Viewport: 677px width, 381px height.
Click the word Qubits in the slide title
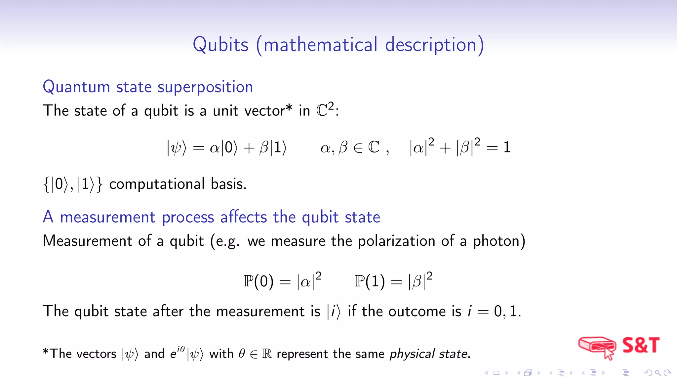[220, 45]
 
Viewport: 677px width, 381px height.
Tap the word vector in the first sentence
[264, 110]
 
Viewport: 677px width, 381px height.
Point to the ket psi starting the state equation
[177, 148]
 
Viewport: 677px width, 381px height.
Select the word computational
[157, 184]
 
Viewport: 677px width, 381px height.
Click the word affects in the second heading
[243, 217]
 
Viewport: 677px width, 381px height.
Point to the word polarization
[396, 241]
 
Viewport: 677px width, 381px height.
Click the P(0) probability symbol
[258, 281]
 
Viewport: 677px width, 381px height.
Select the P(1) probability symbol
[370, 281]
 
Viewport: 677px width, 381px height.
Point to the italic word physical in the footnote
[412, 354]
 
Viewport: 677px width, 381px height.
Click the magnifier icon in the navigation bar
[658, 373]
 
